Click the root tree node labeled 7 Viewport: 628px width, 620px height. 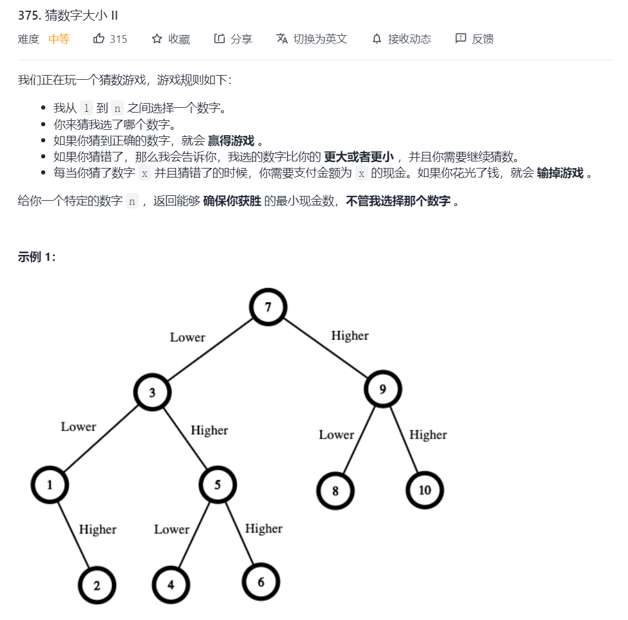pos(268,307)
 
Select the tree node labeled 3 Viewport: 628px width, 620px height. pos(153,392)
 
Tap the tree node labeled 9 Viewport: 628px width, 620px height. pos(383,390)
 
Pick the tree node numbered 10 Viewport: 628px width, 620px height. pos(424,490)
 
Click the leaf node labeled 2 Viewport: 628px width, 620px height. pos(97,585)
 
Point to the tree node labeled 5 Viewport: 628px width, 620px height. pos(217,485)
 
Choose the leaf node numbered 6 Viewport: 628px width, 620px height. pos(261,582)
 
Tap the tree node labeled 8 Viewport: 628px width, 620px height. pos(335,491)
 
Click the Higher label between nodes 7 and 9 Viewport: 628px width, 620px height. pos(350,336)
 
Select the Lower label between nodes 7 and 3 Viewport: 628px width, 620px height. pos(187,338)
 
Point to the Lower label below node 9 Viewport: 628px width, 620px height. pos(336,435)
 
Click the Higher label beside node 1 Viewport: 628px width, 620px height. pos(98,529)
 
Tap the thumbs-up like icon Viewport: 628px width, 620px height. pos(99,39)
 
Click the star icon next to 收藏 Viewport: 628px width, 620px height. pos(157,39)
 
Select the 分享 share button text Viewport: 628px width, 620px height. pos(241,39)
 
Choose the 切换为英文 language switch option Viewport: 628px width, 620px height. pos(320,39)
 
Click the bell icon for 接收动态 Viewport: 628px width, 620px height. pos(377,39)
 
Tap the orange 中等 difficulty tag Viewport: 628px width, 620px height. pos(59,39)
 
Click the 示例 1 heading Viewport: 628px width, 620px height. pos(37,257)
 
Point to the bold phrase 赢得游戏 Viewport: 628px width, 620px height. pos(231,141)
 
